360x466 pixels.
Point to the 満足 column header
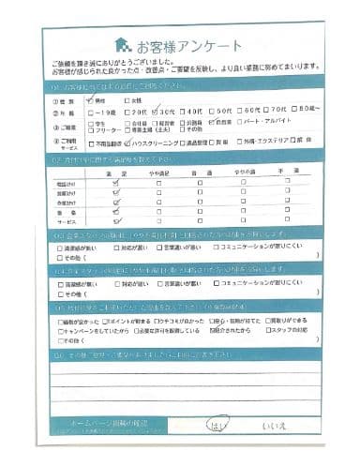[x=117, y=174]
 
